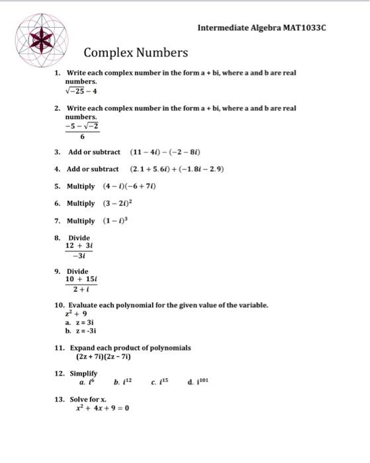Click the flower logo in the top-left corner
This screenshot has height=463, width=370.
[x=42, y=40]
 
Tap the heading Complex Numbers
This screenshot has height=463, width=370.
[x=136, y=53]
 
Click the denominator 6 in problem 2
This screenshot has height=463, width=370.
[x=82, y=137]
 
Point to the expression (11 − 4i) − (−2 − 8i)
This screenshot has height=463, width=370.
[x=165, y=152]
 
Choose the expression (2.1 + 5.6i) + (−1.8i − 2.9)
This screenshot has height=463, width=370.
[x=177, y=169]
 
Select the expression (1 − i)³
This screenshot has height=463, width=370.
[x=116, y=221]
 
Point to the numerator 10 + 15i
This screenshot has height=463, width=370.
[x=81, y=279]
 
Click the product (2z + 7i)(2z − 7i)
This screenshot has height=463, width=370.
[x=104, y=357]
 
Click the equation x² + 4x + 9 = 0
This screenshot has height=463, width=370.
[x=102, y=408]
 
